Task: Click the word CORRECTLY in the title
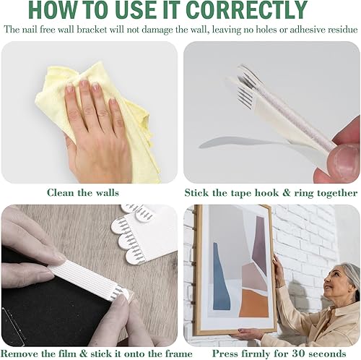click(x=246, y=10)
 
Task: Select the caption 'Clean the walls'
click(x=83, y=193)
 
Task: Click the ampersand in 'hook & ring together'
click(x=286, y=193)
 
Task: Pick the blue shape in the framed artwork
click(x=220, y=277)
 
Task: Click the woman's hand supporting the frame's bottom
click(x=247, y=334)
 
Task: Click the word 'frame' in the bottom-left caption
click(x=178, y=353)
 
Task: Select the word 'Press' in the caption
click(x=225, y=353)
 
